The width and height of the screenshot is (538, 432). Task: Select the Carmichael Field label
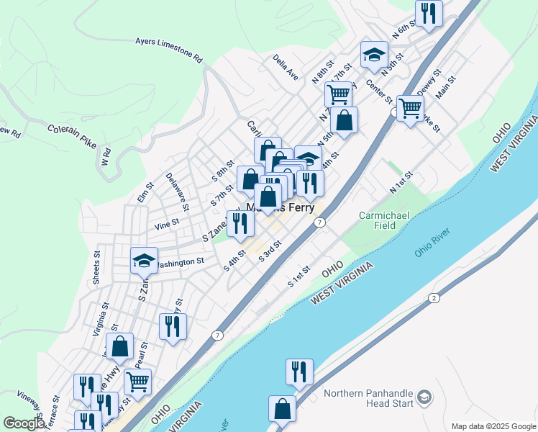(x=378, y=220)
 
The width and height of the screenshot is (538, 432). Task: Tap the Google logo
(x=24, y=424)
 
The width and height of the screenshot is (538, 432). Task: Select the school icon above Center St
(x=374, y=55)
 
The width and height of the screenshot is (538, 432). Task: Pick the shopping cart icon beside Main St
(x=410, y=109)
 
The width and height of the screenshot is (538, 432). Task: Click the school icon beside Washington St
(x=144, y=261)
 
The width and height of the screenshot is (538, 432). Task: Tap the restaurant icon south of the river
(x=298, y=372)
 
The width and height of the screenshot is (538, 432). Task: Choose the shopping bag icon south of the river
(x=282, y=409)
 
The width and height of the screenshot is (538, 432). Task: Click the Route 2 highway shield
(x=434, y=298)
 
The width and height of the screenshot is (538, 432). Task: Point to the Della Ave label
(x=286, y=66)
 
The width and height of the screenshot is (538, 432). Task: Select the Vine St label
(x=166, y=225)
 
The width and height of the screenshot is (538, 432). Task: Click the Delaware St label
(x=177, y=192)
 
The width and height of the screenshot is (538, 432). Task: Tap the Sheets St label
(x=96, y=267)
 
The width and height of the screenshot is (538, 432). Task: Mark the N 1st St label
(x=401, y=182)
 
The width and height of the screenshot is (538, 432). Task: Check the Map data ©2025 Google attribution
(x=493, y=426)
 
